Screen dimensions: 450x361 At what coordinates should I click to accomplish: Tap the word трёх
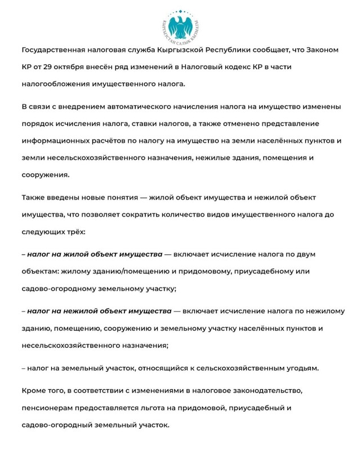[75, 232]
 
